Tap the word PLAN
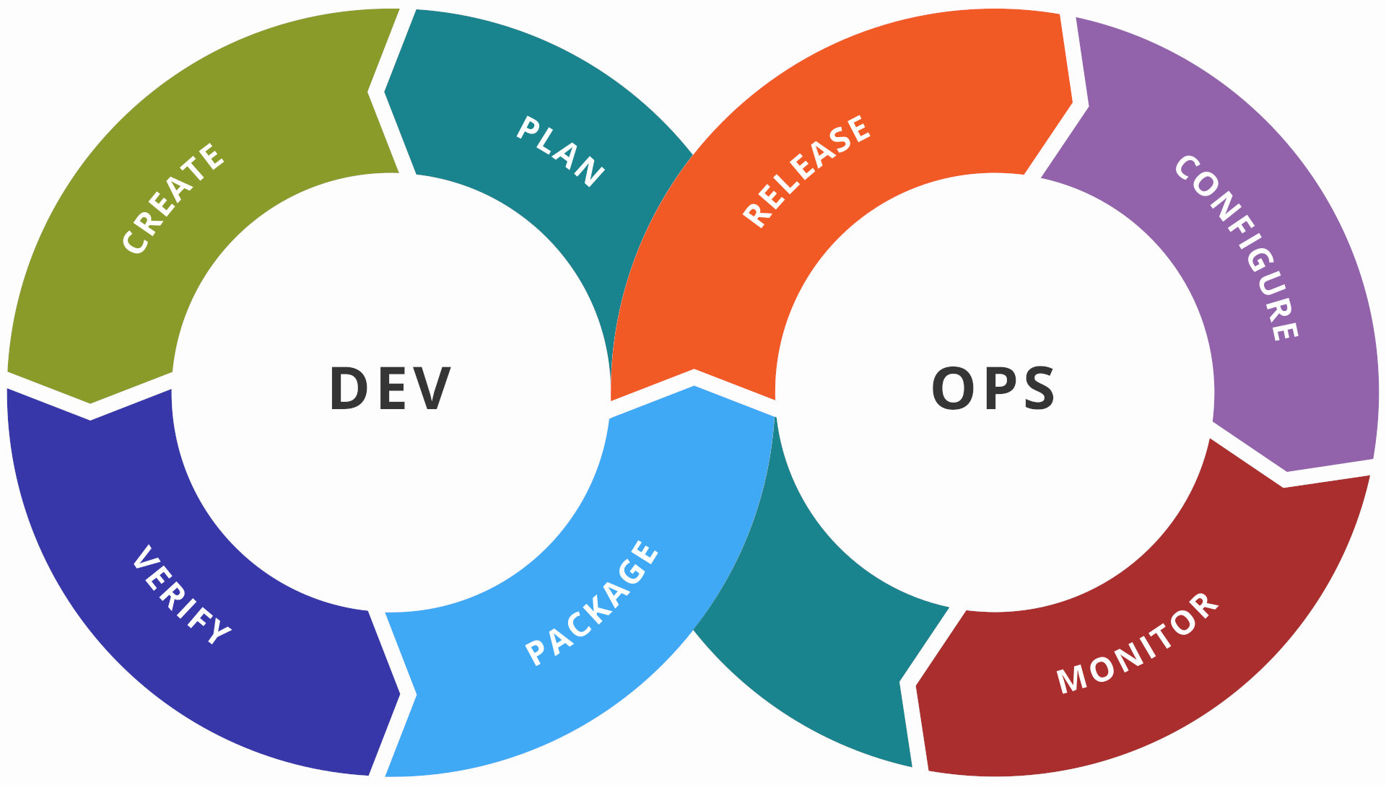[x=561, y=151]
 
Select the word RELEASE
[x=807, y=171]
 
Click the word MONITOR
[x=1138, y=643]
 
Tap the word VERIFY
[x=181, y=595]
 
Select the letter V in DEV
[x=432, y=388]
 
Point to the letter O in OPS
[x=954, y=388]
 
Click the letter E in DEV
[x=391, y=388]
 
